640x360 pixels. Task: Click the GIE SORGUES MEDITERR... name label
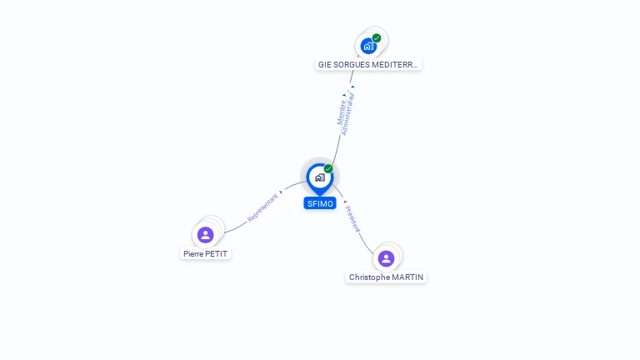pyautogui.click(x=368, y=64)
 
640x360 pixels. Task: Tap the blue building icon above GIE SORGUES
pyautogui.click(x=368, y=46)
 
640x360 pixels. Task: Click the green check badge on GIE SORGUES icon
pyautogui.click(x=377, y=37)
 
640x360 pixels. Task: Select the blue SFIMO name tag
pyautogui.click(x=320, y=203)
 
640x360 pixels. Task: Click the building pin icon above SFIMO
pyautogui.click(x=319, y=177)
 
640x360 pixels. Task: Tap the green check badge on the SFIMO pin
pyautogui.click(x=328, y=169)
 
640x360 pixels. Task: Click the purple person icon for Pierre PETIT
pyautogui.click(x=206, y=235)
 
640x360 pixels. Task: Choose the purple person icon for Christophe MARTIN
pyautogui.click(x=386, y=258)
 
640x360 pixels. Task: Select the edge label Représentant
pyautogui.click(x=262, y=207)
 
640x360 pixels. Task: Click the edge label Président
pyautogui.click(x=353, y=219)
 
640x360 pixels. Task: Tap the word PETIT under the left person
pyautogui.click(x=217, y=253)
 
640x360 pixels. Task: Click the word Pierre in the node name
pyautogui.click(x=194, y=253)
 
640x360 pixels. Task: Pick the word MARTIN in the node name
pyautogui.click(x=407, y=277)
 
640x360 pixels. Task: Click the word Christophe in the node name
pyautogui.click(x=369, y=277)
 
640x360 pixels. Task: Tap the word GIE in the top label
pyautogui.click(x=324, y=64)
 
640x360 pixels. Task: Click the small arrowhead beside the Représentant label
pyautogui.click(x=282, y=192)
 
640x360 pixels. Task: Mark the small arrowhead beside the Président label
pyautogui.click(x=344, y=202)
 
